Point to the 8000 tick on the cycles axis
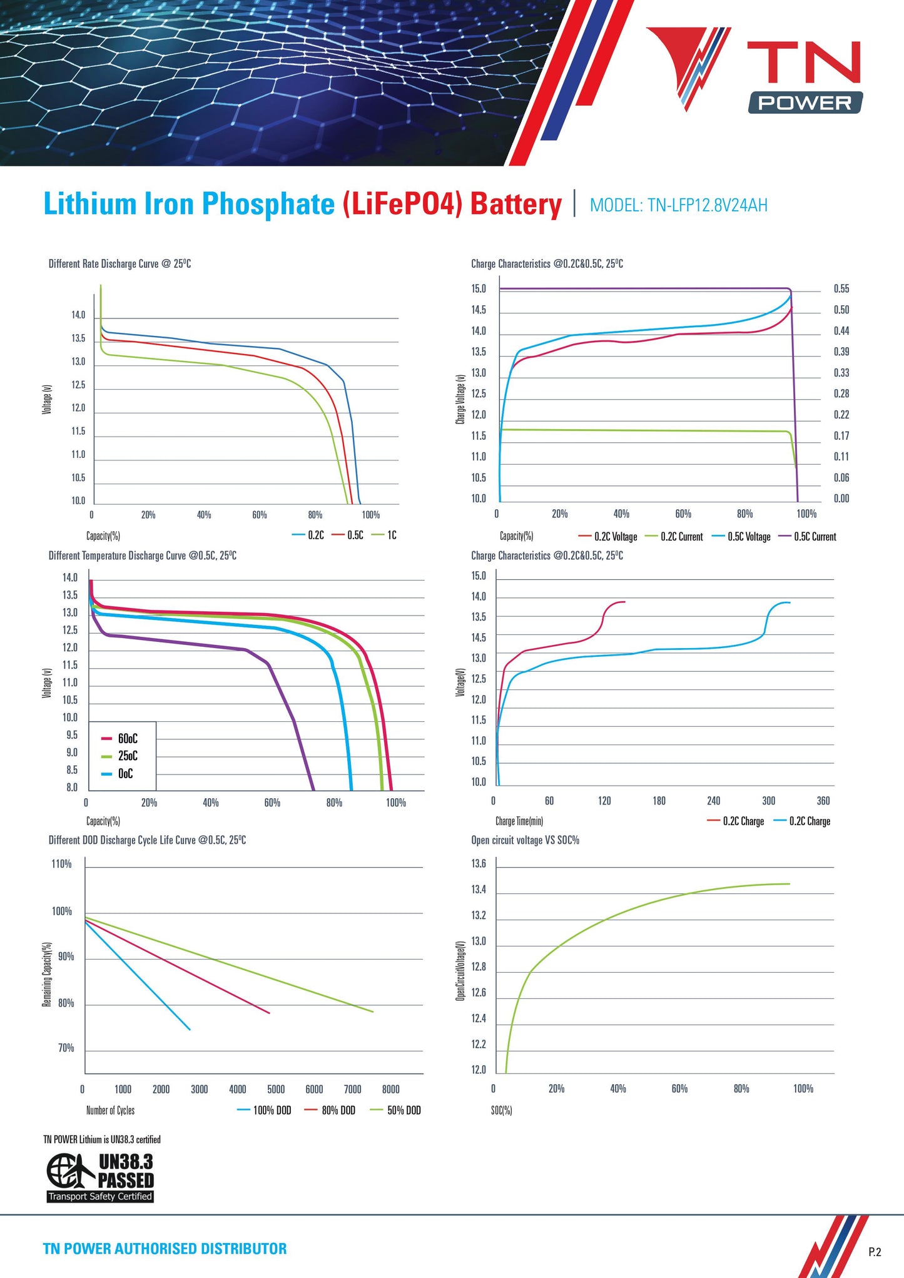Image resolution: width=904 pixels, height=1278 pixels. [390, 1089]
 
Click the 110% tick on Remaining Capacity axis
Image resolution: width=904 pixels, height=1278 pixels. [61, 864]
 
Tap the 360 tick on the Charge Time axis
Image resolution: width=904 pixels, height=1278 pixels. [823, 801]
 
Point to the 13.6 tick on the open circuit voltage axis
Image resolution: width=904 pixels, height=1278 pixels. [479, 864]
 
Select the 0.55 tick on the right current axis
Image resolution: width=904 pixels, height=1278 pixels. [841, 289]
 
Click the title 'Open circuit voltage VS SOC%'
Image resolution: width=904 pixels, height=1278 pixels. [525, 840]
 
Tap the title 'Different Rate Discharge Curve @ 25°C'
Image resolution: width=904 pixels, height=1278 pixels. [119, 264]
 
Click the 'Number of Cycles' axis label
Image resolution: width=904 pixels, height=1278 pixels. [110, 1110]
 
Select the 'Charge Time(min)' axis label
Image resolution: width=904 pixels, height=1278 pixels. [519, 821]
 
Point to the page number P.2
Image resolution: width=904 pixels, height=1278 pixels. [875, 1252]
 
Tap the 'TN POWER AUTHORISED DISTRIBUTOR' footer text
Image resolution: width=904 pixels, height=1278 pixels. [165, 1249]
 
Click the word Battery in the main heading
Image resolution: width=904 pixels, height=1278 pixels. [515, 205]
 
